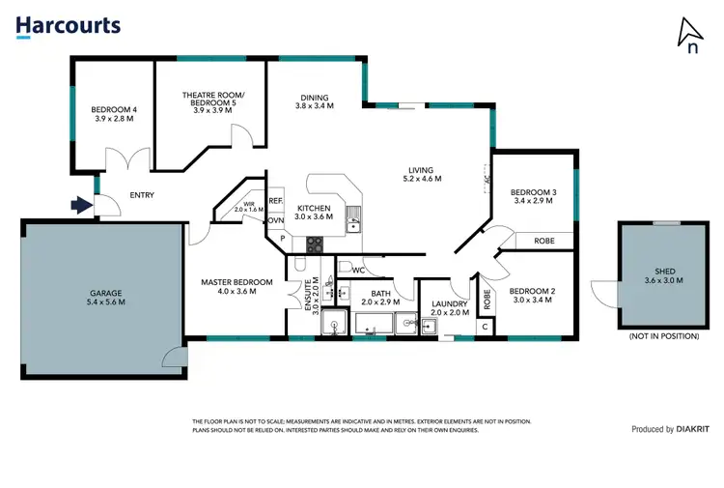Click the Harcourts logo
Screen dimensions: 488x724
click(x=69, y=26)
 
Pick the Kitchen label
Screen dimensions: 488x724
click(x=315, y=209)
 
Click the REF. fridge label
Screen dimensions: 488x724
click(x=275, y=201)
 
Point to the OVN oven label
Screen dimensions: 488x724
click(x=275, y=219)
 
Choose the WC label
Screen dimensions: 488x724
click(x=356, y=270)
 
